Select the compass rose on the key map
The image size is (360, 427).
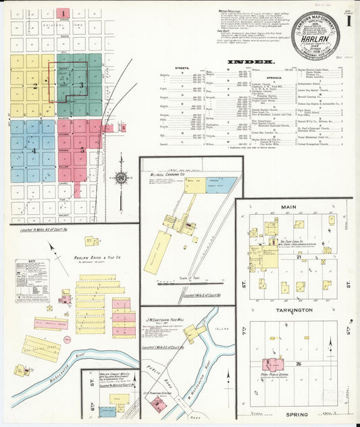tap(121, 178)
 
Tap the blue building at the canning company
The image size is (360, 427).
tap(222, 182)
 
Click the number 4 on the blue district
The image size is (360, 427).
tap(32, 150)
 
